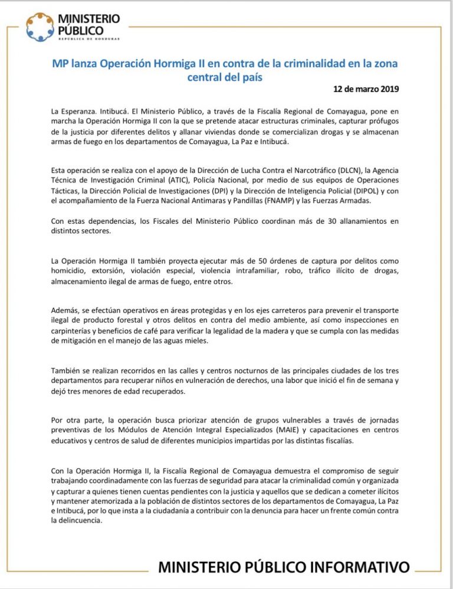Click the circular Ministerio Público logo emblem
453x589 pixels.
[x=40, y=27]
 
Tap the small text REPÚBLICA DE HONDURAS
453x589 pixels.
[x=88, y=39]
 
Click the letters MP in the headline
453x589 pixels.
[x=60, y=63]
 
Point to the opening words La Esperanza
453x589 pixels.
[x=71, y=110]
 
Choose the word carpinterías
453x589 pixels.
[x=73, y=331]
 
